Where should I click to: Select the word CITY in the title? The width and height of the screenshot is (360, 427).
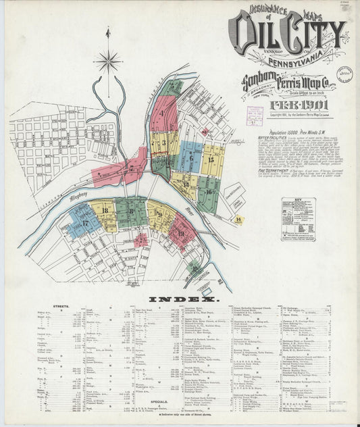pos(310,34)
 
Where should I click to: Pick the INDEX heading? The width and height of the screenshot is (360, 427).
pos(184,299)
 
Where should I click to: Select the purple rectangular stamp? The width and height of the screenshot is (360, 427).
pos(255,114)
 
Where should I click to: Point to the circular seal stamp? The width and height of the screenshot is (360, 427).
pos(344,73)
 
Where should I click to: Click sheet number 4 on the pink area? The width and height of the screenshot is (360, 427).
pos(162,113)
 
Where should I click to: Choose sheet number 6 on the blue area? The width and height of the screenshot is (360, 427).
pos(190,159)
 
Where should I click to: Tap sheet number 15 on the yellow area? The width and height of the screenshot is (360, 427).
pos(211,159)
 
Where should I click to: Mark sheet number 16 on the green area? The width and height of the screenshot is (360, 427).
pos(209,191)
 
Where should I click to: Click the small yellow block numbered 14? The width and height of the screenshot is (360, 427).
pos(238,219)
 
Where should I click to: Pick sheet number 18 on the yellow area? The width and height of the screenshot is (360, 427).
pos(105,211)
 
